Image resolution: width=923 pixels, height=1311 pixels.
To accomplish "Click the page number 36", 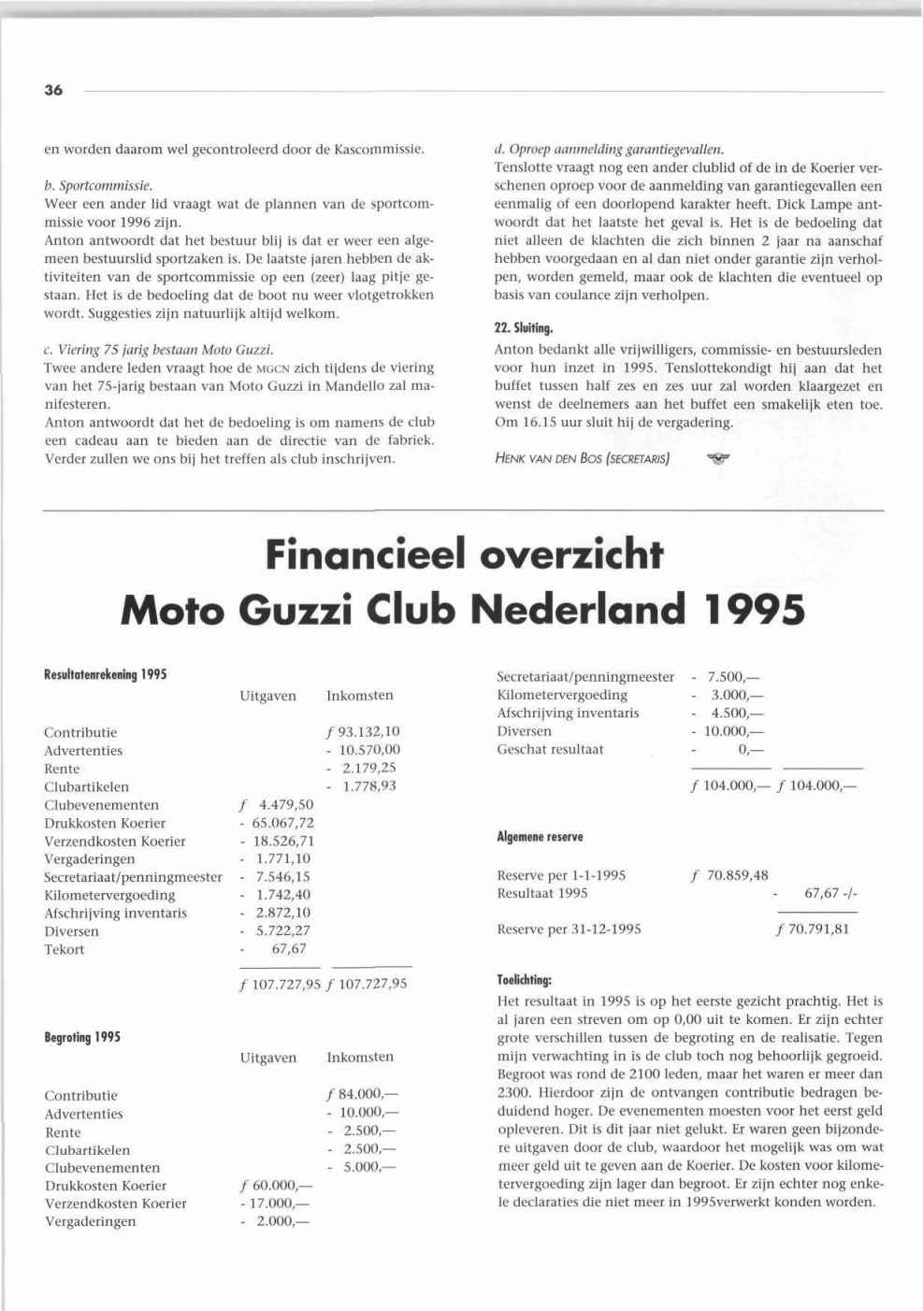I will [53, 91].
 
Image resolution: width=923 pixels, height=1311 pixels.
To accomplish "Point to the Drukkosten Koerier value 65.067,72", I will [282, 823].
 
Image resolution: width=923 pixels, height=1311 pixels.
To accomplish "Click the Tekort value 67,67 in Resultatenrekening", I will [289, 949].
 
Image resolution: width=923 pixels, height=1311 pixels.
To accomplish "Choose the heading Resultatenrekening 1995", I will [105, 673].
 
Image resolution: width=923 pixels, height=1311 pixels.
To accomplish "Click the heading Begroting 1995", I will [82, 1037].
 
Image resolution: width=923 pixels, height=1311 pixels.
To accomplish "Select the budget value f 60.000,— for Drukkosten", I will [276, 1186].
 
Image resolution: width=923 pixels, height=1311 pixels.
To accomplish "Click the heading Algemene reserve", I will [540, 837].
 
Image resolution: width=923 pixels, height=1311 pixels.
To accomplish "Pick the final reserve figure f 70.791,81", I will [813, 929].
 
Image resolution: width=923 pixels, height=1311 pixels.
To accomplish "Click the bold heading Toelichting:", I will [525, 981].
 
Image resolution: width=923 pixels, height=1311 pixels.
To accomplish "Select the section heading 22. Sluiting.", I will [524, 328].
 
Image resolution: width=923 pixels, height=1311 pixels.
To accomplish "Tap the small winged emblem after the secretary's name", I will [718, 458].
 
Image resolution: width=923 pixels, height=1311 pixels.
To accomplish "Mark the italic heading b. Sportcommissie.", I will [98, 185].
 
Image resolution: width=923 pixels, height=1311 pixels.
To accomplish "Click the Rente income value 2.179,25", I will [369, 769].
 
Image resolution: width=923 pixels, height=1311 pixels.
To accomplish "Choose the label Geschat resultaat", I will [550, 749].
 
